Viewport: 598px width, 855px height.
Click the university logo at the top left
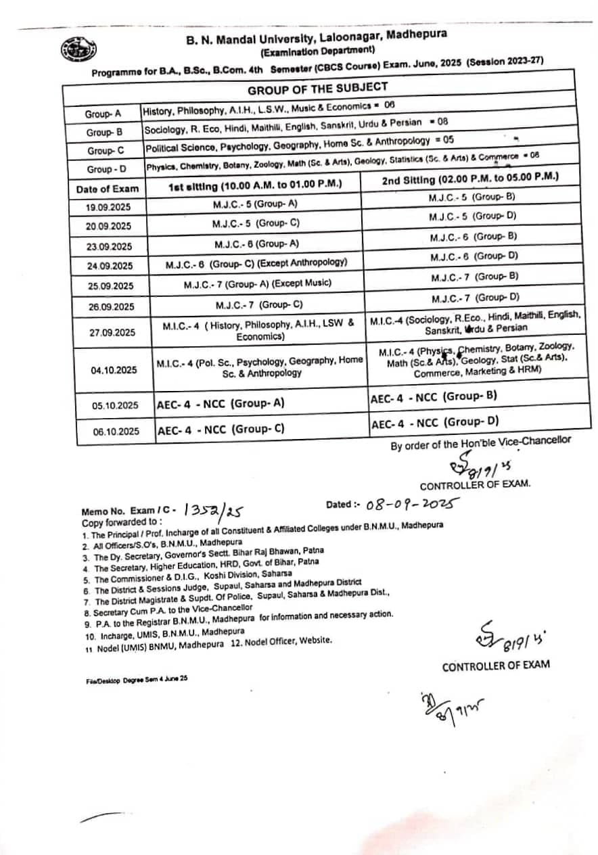click(x=78, y=49)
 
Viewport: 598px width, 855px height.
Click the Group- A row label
click(x=103, y=114)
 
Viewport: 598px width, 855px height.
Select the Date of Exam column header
click(x=108, y=189)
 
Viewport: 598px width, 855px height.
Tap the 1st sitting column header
click(x=255, y=184)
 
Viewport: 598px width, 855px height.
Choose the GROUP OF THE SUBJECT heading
click(x=317, y=88)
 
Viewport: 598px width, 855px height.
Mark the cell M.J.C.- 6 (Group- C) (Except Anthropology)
click(x=256, y=263)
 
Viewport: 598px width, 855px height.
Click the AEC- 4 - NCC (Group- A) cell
click(x=220, y=405)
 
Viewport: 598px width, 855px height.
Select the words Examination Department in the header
click(x=317, y=50)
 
